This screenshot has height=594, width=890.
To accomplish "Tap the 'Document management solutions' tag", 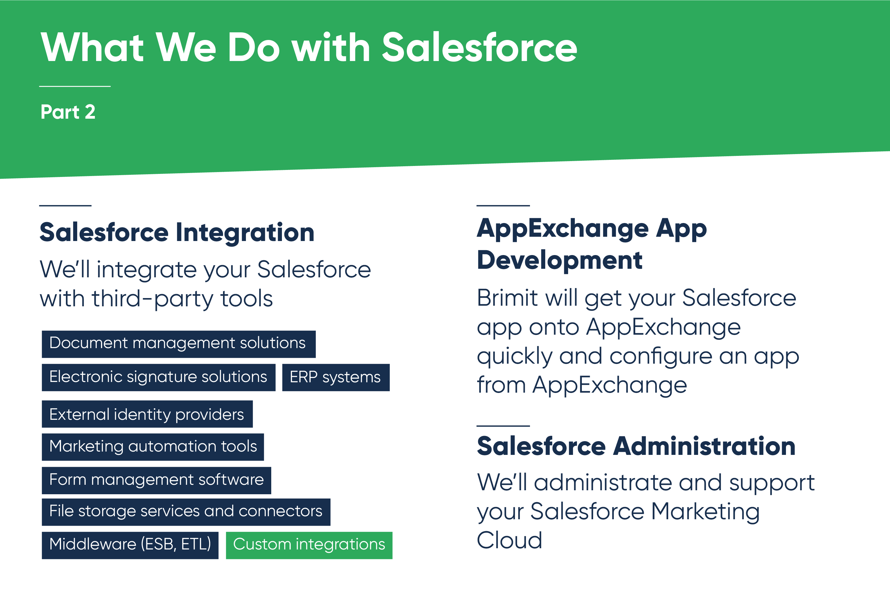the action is [178, 344].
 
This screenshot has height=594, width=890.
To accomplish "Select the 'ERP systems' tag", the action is [336, 377].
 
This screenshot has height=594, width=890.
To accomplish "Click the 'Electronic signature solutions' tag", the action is [158, 377].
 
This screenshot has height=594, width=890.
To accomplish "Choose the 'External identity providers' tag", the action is [147, 414].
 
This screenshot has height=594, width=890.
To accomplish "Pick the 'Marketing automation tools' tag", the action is [153, 447].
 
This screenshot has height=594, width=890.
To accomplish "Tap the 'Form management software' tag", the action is [157, 480].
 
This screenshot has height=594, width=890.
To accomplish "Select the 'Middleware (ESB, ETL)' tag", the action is [130, 545].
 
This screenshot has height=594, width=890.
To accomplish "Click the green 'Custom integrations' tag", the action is [309, 545].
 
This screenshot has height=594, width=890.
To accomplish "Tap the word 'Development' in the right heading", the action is [560, 260].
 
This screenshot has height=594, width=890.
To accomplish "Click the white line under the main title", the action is [75, 86].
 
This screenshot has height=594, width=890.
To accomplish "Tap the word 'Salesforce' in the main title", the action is [479, 47].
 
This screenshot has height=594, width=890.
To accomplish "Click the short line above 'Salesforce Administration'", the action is [503, 426].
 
